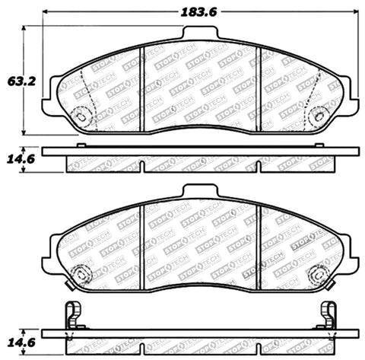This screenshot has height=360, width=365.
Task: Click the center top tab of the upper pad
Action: [200, 32]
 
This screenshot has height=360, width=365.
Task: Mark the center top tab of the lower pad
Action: [200, 190]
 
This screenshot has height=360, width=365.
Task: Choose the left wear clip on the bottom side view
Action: [73, 313]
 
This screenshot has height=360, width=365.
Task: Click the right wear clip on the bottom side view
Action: [328, 313]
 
